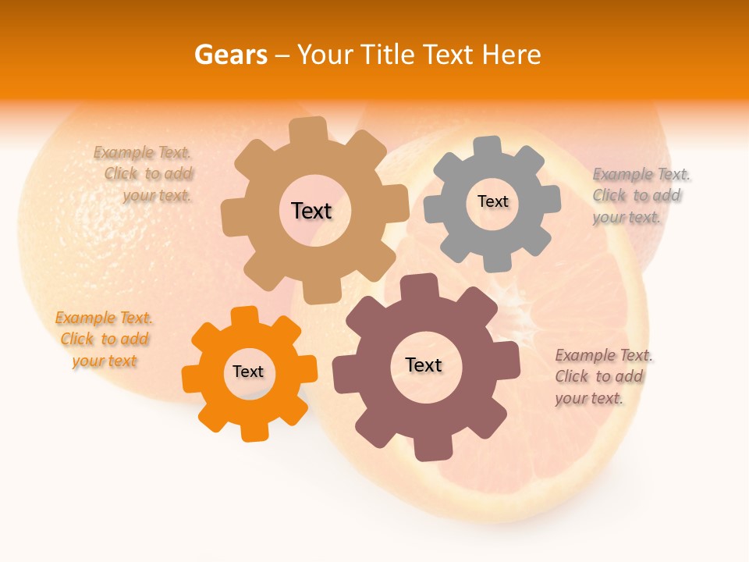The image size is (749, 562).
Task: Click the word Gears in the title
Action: [x=230, y=55]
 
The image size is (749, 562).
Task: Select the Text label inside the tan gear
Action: [x=311, y=211]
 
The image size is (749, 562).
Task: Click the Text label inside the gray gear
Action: [x=492, y=201]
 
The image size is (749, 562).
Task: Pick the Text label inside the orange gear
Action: [x=248, y=372]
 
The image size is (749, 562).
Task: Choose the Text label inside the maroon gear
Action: [x=424, y=365]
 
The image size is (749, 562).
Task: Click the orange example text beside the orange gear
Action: [x=103, y=340]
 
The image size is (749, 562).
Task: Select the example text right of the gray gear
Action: [x=641, y=196]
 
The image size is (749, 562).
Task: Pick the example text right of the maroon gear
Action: [x=603, y=377]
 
